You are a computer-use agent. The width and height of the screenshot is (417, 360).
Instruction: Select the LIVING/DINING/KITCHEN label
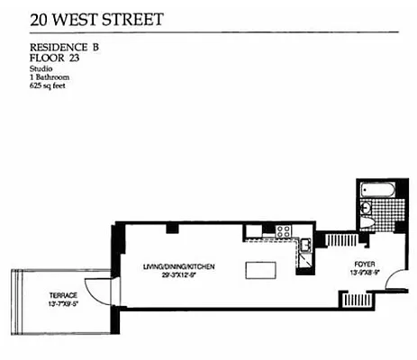click(178, 267)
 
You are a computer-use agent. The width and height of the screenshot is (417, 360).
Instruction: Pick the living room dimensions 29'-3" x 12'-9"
click(178, 275)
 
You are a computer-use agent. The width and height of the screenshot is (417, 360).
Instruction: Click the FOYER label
click(364, 265)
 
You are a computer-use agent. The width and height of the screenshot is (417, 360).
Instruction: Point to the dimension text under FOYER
click(364, 273)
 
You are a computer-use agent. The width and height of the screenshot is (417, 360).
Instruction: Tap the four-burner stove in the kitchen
click(283, 231)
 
